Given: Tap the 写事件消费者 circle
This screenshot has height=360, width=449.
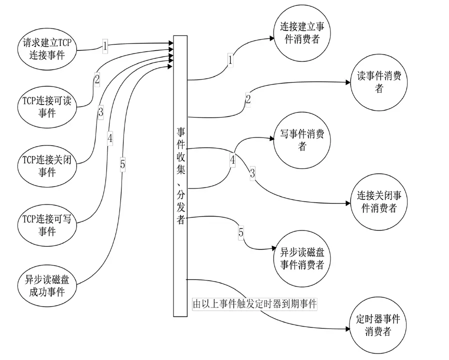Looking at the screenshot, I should pyautogui.click(x=302, y=140).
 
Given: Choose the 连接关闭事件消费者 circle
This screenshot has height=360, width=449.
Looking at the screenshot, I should pyautogui.click(x=379, y=201).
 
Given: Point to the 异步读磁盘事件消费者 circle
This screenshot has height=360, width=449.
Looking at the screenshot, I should pyautogui.click(x=302, y=258).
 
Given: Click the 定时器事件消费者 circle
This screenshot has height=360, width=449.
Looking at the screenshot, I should pyautogui.click(x=378, y=324).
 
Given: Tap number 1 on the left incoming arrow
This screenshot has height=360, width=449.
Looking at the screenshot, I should pyautogui.click(x=105, y=46).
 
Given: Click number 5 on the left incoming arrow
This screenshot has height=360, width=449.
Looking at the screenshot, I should pyautogui.click(x=122, y=164).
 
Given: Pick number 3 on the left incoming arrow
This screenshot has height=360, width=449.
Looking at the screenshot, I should pyautogui.click(x=100, y=112).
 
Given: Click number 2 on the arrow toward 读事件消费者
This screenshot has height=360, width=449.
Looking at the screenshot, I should pyautogui.click(x=248, y=99).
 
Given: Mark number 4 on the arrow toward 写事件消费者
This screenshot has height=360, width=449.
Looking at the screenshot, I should pyautogui.click(x=232, y=161).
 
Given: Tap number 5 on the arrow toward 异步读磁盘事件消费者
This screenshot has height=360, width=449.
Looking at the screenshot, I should pyautogui.click(x=241, y=232).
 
